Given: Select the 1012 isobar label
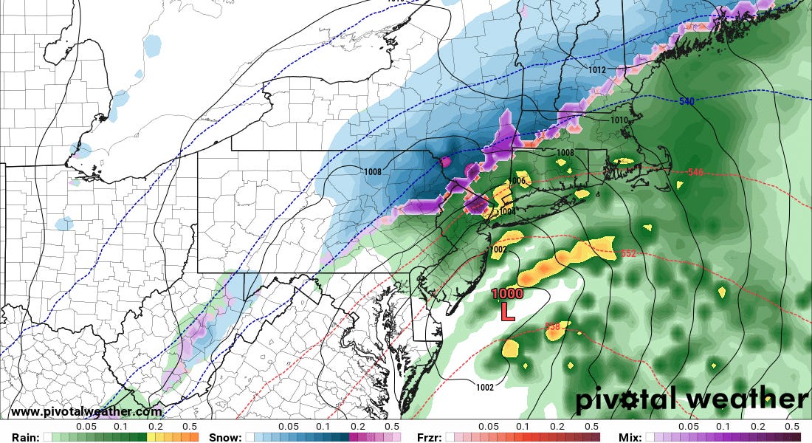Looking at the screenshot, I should pos(597,71).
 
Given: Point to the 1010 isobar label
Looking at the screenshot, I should pos(620,120).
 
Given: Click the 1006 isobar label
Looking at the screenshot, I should pos(517,181).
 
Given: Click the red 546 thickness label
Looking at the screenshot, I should pos(695,172).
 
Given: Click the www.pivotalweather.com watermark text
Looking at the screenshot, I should pos(86,412).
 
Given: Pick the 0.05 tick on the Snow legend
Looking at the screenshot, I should pos(289,427).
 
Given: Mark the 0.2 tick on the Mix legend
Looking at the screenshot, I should pos(759,427).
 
